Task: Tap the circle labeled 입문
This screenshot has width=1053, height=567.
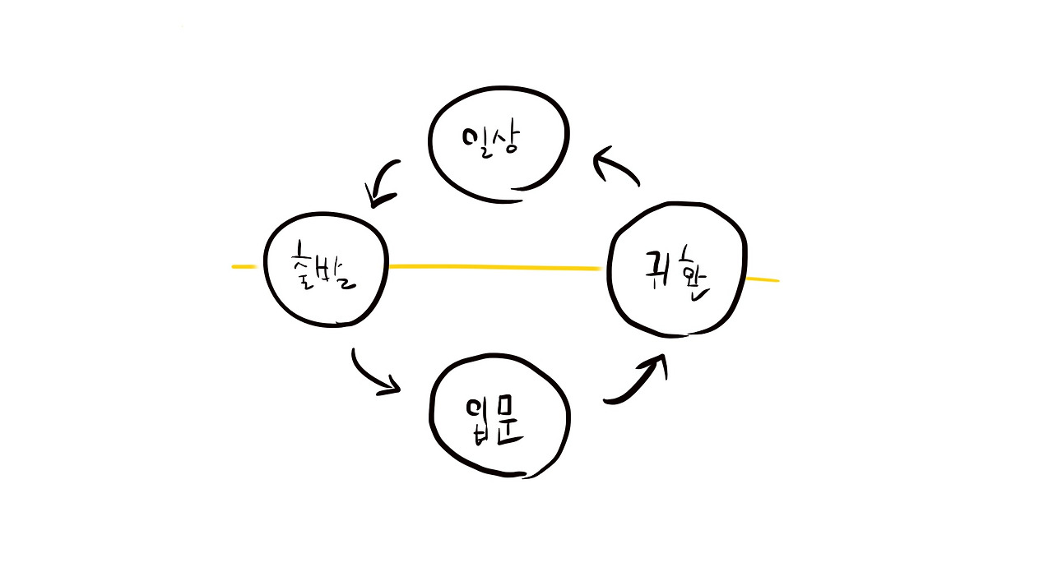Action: [499, 417]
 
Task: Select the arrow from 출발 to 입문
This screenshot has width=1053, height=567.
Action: [374, 374]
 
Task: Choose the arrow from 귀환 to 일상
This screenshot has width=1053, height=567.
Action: [617, 166]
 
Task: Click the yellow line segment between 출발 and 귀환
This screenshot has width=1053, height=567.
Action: [494, 267]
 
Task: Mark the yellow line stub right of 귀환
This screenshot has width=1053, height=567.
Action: [762, 279]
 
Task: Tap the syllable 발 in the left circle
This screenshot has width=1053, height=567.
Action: [341, 271]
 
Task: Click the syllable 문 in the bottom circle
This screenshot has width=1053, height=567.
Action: [510, 423]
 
